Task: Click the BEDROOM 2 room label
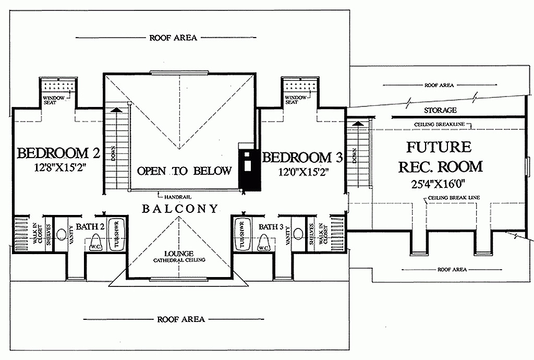click(58, 153)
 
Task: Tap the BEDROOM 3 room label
click(302, 158)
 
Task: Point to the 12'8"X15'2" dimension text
click(59, 168)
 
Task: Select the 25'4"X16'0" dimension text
click(438, 184)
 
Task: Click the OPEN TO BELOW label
click(184, 171)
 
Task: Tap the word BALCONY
click(179, 208)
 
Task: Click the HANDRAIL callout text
click(178, 197)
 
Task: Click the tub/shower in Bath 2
click(116, 234)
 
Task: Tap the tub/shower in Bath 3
click(242, 234)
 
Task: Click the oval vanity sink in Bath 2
click(61, 235)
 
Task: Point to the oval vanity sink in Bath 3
click(298, 234)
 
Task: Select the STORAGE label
click(440, 110)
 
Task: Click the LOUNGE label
click(179, 254)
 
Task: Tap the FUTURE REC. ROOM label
click(440, 157)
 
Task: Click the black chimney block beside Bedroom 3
click(249, 169)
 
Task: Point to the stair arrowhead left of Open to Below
click(116, 110)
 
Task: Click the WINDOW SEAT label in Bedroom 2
click(54, 100)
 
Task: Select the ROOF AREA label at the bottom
click(181, 319)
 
